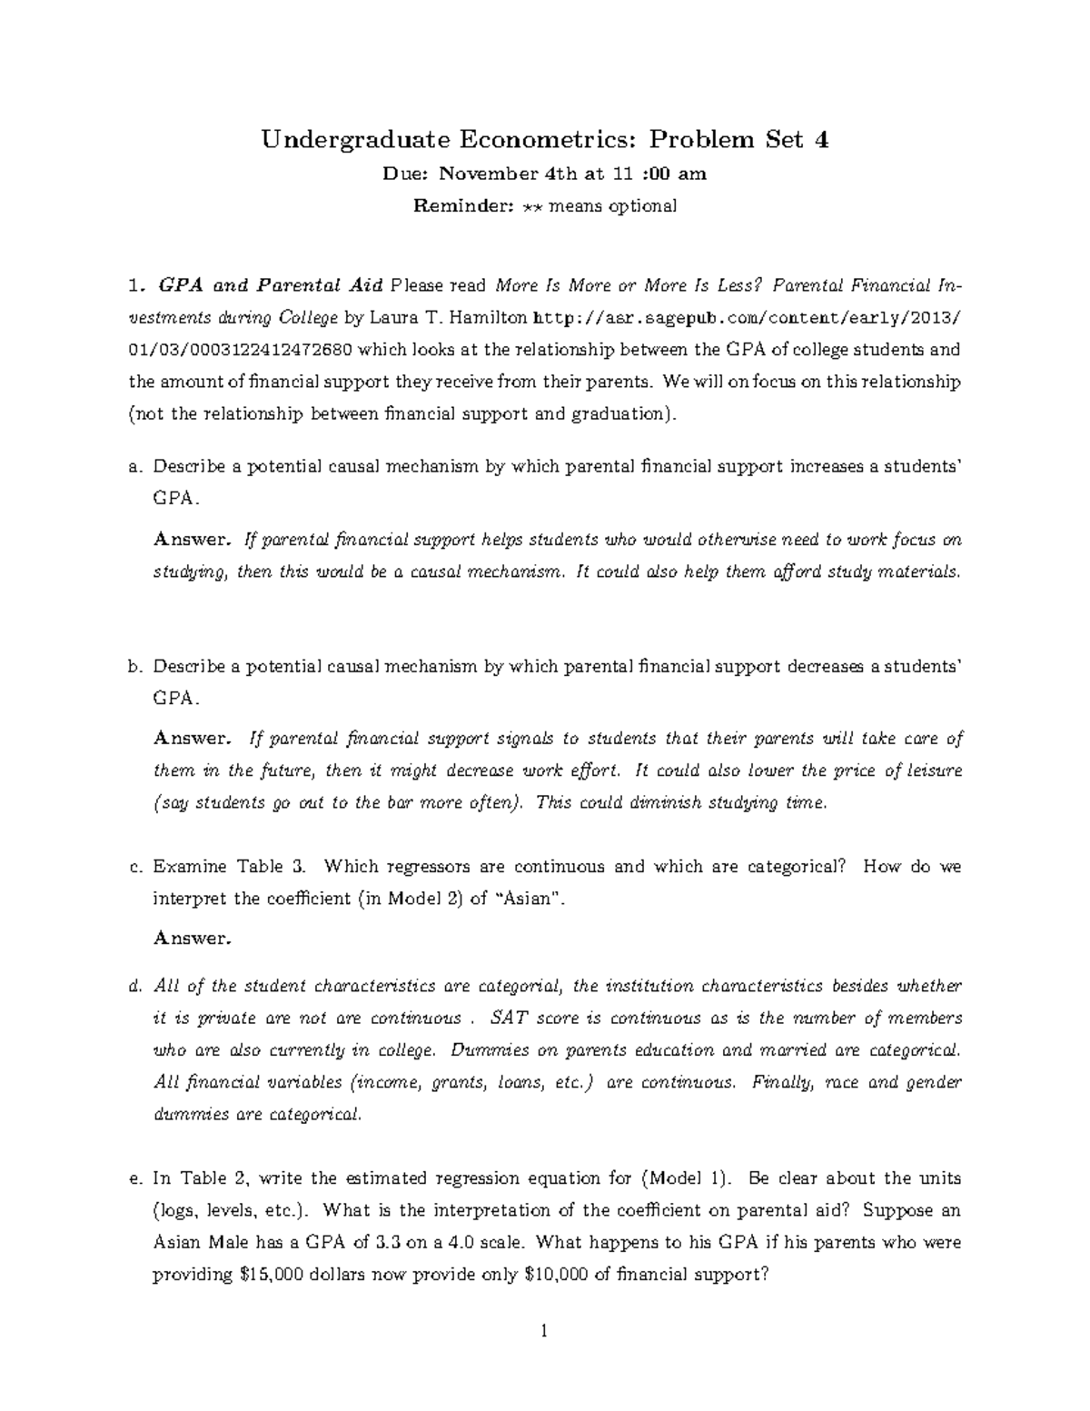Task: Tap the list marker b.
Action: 136,667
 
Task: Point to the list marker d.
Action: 136,987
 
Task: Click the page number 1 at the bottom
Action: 544,1333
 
